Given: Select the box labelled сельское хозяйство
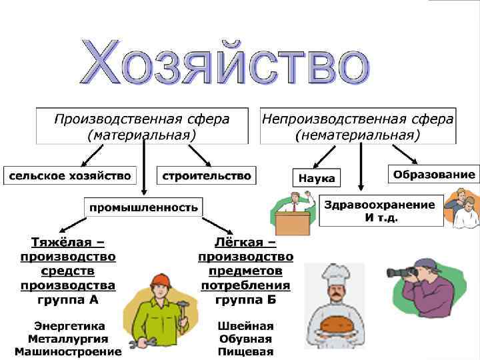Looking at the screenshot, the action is click(69, 176).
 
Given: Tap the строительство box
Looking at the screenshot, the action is click(207, 176).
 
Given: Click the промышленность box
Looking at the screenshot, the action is click(144, 207).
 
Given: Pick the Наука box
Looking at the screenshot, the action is click(317, 179).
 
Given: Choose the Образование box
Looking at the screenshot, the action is click(434, 175).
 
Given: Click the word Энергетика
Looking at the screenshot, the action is click(70, 326).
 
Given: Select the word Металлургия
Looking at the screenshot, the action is click(69, 339).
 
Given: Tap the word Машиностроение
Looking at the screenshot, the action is click(69, 351).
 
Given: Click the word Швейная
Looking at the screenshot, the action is click(246, 326).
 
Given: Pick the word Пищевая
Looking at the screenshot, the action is click(246, 351).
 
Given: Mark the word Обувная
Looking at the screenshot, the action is click(246, 339).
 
